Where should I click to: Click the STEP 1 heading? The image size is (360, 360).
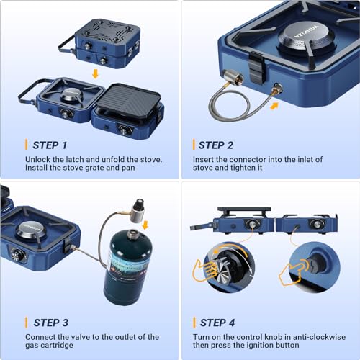50,145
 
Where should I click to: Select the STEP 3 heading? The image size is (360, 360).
50,323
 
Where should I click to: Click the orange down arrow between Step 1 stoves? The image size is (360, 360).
96,73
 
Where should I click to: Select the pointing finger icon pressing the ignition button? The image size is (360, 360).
293,272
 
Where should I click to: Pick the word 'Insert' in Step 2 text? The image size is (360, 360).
205,159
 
